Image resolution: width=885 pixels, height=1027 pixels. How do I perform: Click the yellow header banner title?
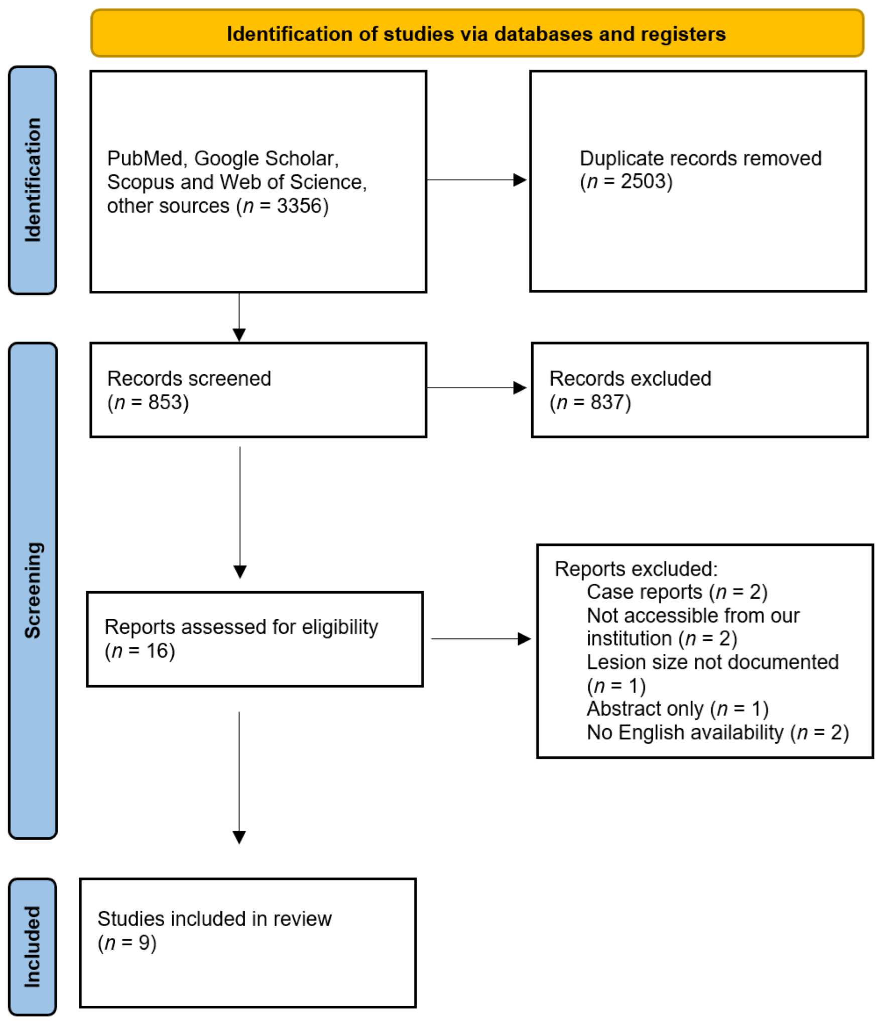coord(476,34)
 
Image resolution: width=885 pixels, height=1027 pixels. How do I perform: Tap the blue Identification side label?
coord(33,180)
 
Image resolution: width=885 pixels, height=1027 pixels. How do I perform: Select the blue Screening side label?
coord(33,590)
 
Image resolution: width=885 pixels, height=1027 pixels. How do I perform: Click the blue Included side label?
coord(33,946)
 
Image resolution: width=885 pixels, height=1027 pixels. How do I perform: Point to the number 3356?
coord(299,206)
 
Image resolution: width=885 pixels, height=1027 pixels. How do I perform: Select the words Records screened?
coord(189,379)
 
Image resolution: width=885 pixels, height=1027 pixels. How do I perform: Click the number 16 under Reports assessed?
coord(154,651)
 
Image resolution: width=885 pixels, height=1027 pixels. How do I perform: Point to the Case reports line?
coord(677,592)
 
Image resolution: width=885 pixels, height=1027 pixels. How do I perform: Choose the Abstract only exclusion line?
coord(677,709)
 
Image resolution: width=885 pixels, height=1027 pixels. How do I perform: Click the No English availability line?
coord(717,733)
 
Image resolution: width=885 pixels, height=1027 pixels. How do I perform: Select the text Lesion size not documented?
coord(712,662)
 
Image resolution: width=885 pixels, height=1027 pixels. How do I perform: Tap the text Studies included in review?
coord(214,919)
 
